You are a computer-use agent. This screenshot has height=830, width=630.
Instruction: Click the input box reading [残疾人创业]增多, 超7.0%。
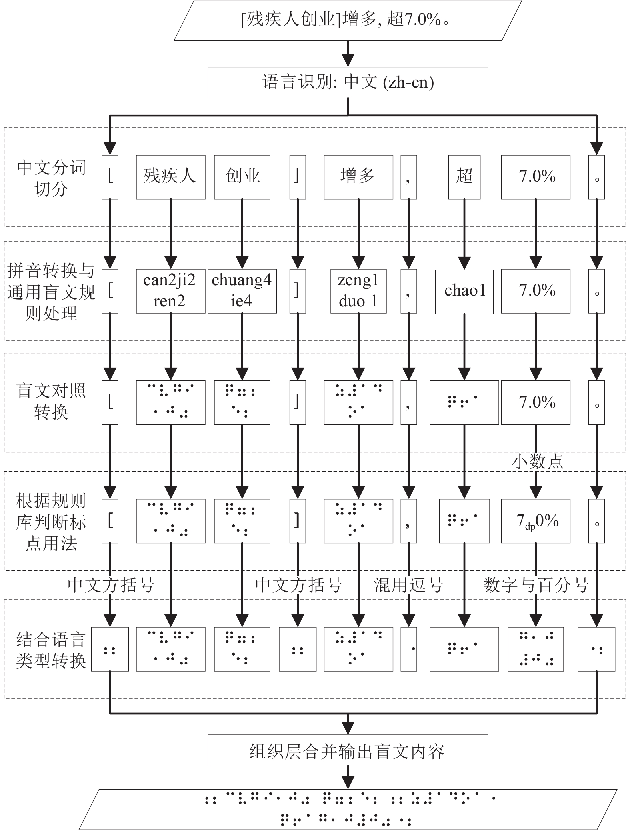click(x=348, y=20)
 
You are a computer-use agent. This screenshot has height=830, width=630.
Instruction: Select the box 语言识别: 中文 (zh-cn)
click(x=348, y=82)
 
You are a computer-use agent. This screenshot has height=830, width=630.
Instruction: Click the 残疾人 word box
click(x=170, y=177)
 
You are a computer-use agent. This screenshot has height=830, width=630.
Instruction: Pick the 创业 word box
click(x=242, y=177)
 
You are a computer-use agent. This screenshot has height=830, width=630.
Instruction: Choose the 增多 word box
click(x=358, y=177)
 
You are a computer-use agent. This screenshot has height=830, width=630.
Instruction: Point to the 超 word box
click(x=464, y=177)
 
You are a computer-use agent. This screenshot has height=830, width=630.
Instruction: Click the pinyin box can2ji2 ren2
click(x=170, y=291)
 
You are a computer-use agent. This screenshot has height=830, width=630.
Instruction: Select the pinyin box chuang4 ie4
click(x=242, y=291)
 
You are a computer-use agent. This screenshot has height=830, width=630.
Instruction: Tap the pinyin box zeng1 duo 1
click(x=358, y=291)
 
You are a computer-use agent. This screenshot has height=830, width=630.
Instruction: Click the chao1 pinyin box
click(x=464, y=291)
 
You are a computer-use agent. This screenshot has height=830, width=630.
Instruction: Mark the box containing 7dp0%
click(x=536, y=521)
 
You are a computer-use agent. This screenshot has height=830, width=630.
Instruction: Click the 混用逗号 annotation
click(x=408, y=585)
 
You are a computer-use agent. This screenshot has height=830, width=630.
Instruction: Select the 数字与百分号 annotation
click(x=536, y=585)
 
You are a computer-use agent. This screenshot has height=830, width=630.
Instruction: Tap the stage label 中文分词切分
click(x=51, y=178)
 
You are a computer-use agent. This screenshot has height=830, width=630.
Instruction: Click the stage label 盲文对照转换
click(x=51, y=401)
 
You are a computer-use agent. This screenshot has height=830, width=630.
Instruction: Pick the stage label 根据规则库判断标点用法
click(x=51, y=522)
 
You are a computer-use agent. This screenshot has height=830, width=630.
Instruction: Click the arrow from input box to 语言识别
click(x=348, y=54)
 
